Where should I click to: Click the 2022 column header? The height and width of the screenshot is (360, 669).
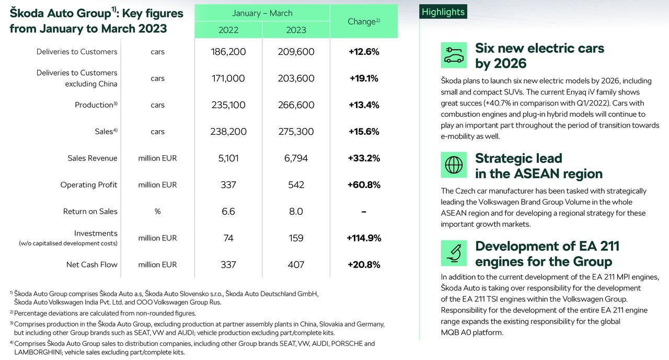228,30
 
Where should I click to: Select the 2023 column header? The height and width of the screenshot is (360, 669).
296,30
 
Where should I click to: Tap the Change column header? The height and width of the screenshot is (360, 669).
364,21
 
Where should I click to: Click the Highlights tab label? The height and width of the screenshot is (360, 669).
443,12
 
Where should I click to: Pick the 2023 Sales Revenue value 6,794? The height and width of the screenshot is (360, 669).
296,158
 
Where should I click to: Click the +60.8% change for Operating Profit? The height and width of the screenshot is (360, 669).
364,185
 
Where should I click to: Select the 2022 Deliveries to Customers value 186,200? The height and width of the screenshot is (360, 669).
228,52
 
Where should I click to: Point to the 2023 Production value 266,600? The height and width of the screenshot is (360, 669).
296,105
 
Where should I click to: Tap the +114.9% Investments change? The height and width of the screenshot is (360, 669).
364,238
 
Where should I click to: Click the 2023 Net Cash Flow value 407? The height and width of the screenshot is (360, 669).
296,264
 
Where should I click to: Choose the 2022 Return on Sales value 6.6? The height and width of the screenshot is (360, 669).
228,211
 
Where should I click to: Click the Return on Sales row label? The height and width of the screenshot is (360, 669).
90,211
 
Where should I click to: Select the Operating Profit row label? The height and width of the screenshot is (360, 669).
89,185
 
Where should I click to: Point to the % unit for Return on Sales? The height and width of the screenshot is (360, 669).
157,211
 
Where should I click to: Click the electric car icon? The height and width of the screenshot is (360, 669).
454,55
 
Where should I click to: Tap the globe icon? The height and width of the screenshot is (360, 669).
454,165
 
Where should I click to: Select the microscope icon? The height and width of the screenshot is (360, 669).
454,253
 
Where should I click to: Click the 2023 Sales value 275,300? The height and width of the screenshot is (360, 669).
296,131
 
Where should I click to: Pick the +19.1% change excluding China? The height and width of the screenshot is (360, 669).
364,78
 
